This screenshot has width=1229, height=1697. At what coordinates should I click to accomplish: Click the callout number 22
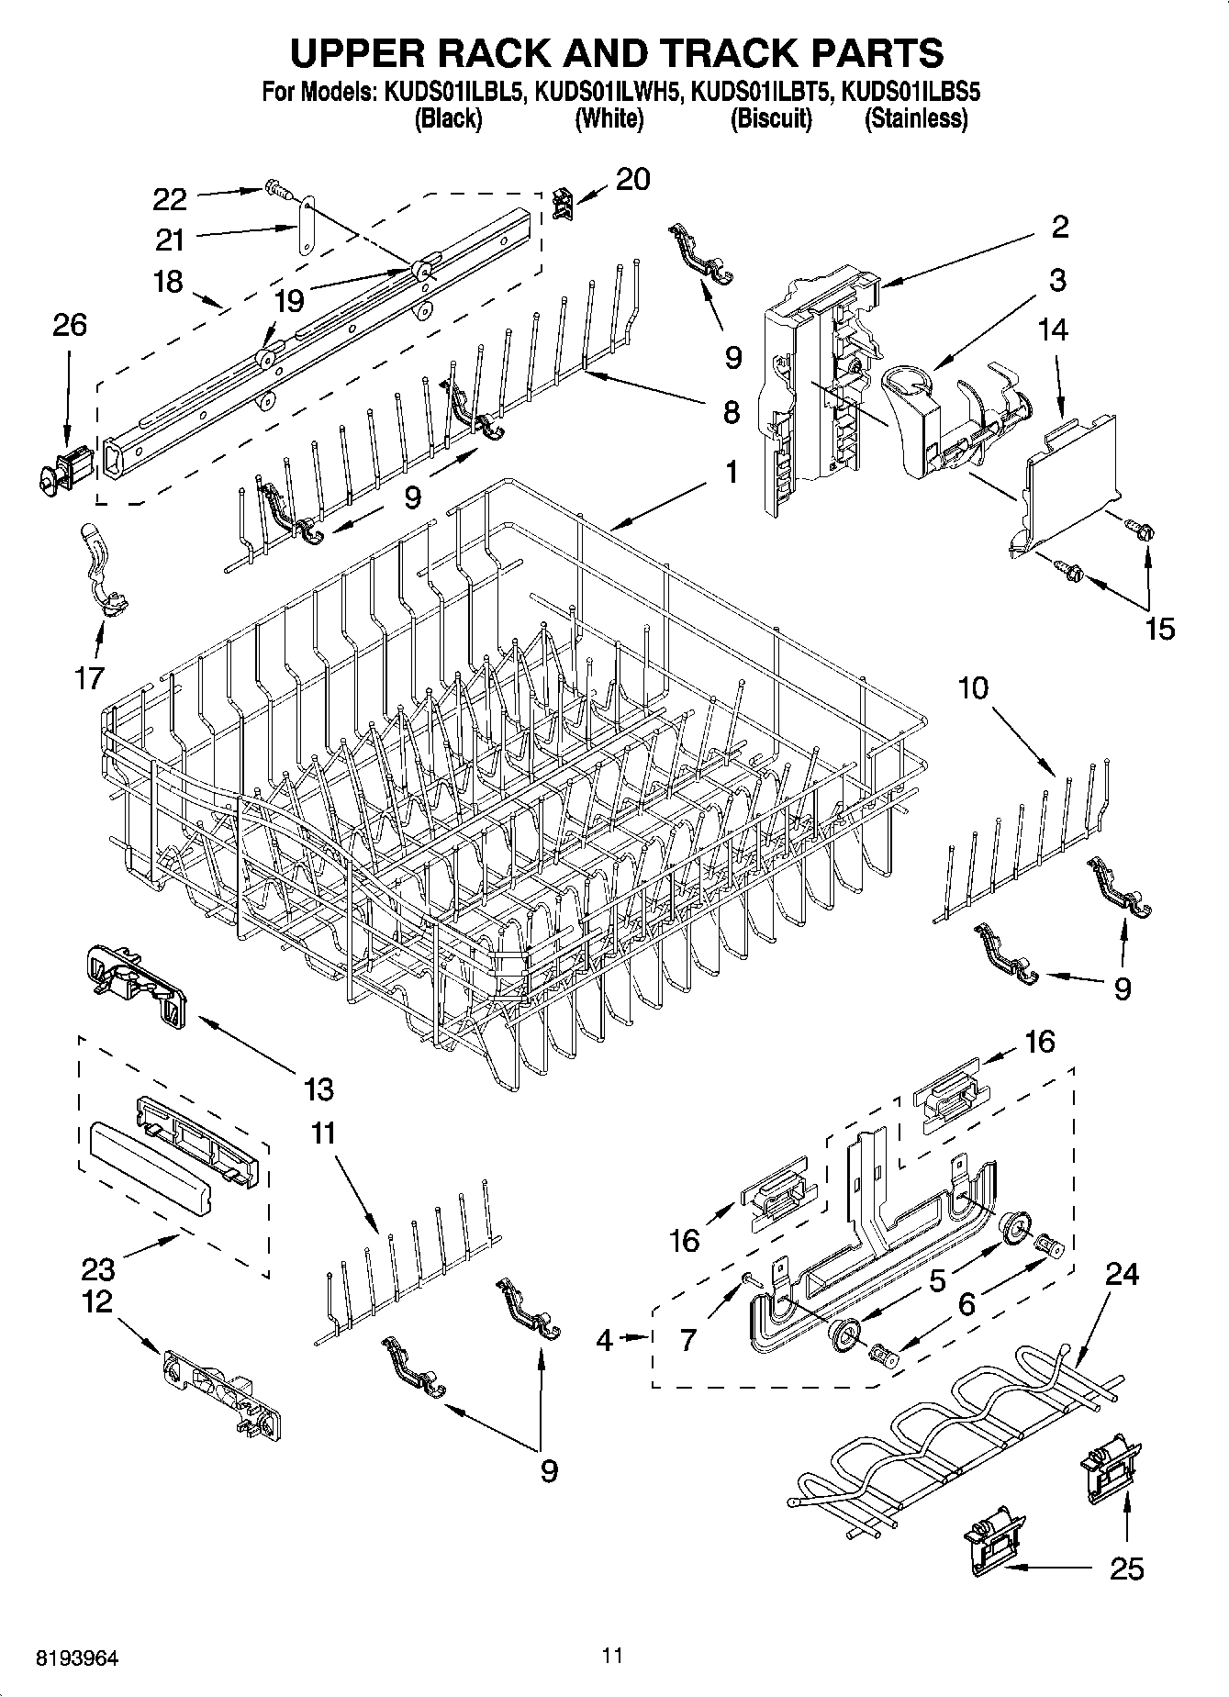point(170,199)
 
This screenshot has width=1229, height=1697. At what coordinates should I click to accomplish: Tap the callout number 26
point(70,325)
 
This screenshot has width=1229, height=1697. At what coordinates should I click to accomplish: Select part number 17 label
point(89,679)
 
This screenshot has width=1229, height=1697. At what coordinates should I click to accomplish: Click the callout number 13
point(318,1089)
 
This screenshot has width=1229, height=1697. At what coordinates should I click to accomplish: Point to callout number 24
point(1122,1274)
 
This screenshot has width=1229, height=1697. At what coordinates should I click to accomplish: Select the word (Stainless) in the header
point(917,118)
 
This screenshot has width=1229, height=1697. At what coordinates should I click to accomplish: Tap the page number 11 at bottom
point(613,1656)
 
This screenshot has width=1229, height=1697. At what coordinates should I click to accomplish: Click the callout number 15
point(1159,629)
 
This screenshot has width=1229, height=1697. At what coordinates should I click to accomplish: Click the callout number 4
point(603,1341)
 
